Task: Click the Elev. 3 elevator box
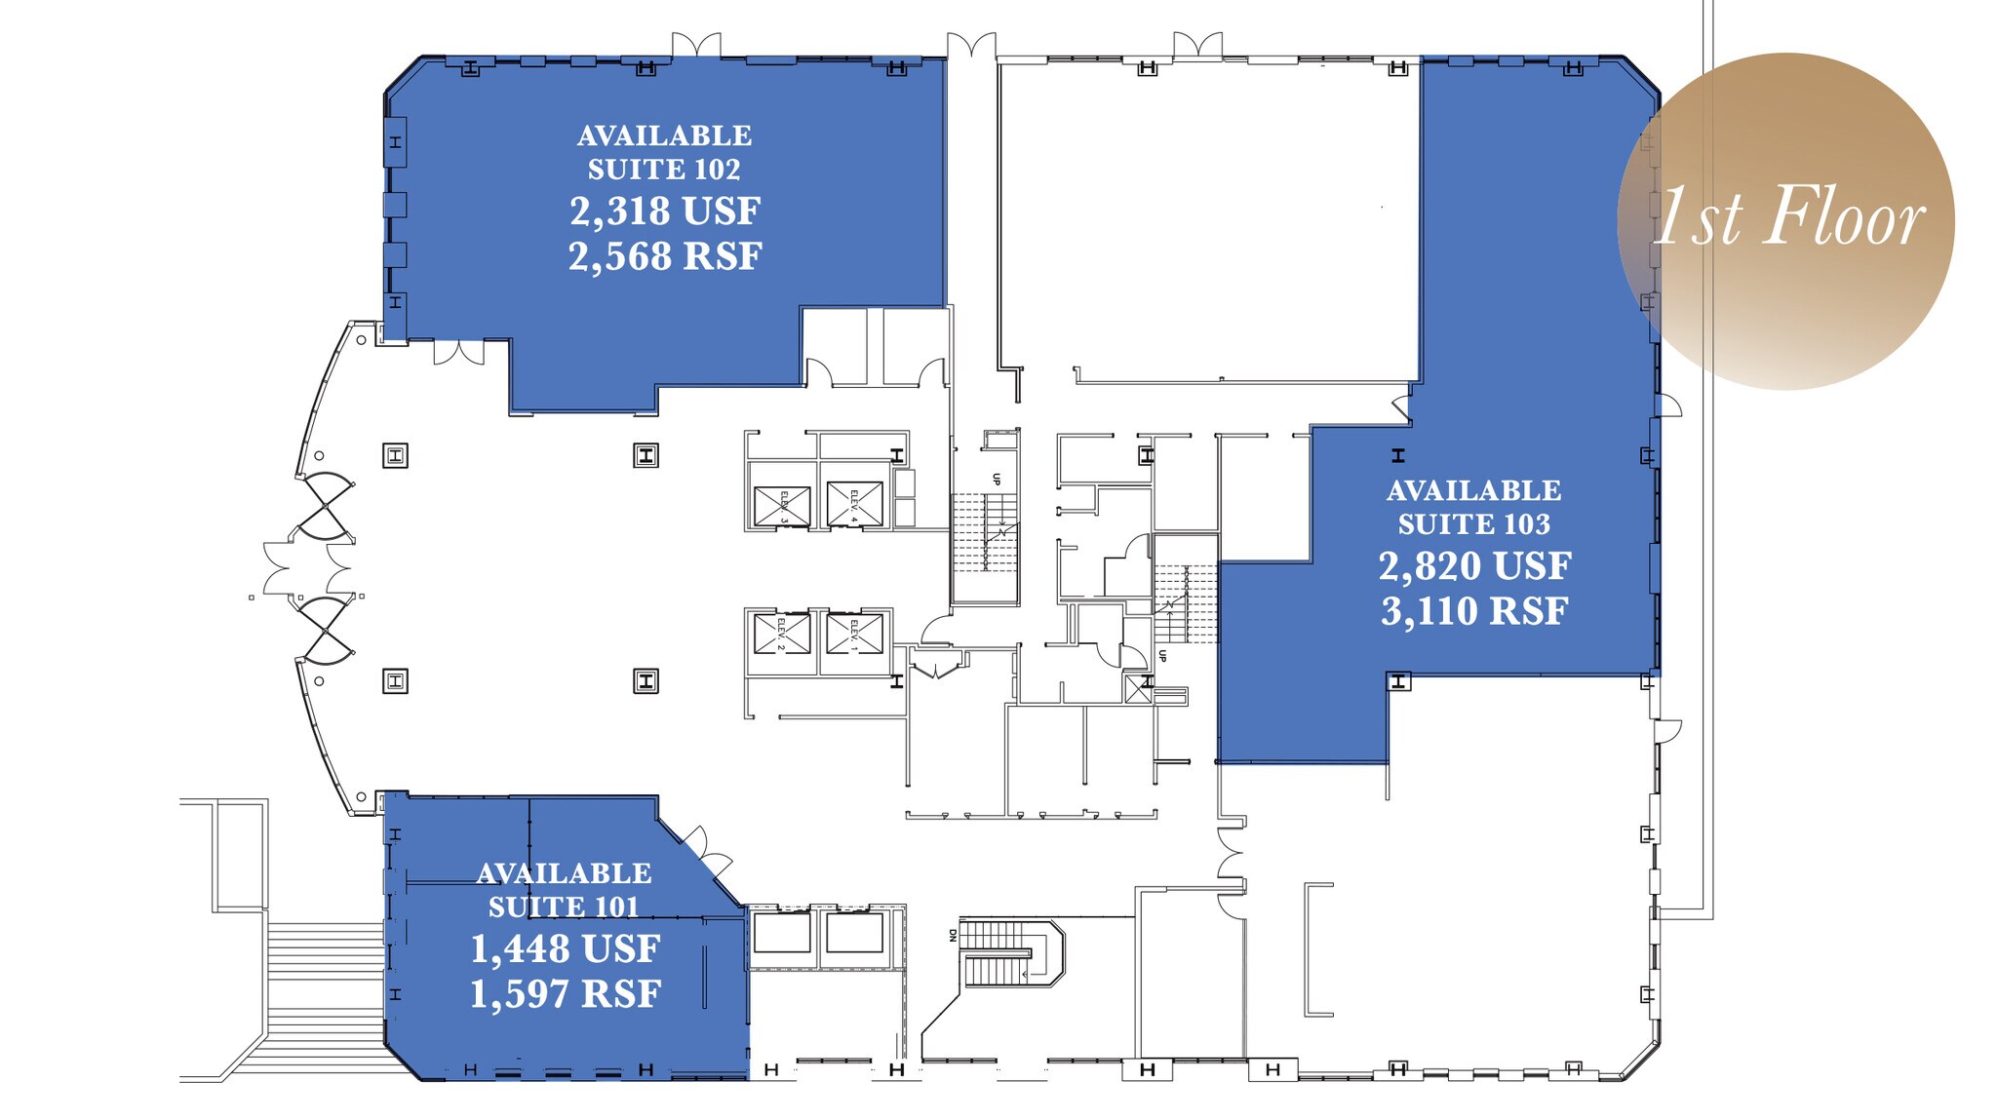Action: click(782, 506)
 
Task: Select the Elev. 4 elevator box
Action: click(854, 504)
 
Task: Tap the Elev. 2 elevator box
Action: click(781, 634)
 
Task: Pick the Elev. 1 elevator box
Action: click(854, 634)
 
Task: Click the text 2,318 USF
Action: click(665, 212)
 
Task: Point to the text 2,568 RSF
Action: click(665, 257)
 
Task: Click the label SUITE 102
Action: click(664, 170)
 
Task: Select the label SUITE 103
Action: click(1473, 524)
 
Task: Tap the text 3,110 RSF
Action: click(1474, 612)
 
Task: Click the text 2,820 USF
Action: click(1474, 566)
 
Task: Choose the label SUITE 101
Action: click(564, 907)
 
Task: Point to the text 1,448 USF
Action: click(566, 949)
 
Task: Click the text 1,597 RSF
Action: click(566, 995)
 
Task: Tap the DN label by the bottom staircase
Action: click(953, 936)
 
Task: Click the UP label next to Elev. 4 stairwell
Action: click(997, 479)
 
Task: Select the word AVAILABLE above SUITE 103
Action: click(1473, 491)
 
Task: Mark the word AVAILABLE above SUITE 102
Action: click(664, 135)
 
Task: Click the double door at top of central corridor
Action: click(971, 45)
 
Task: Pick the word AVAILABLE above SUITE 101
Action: click(564, 873)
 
